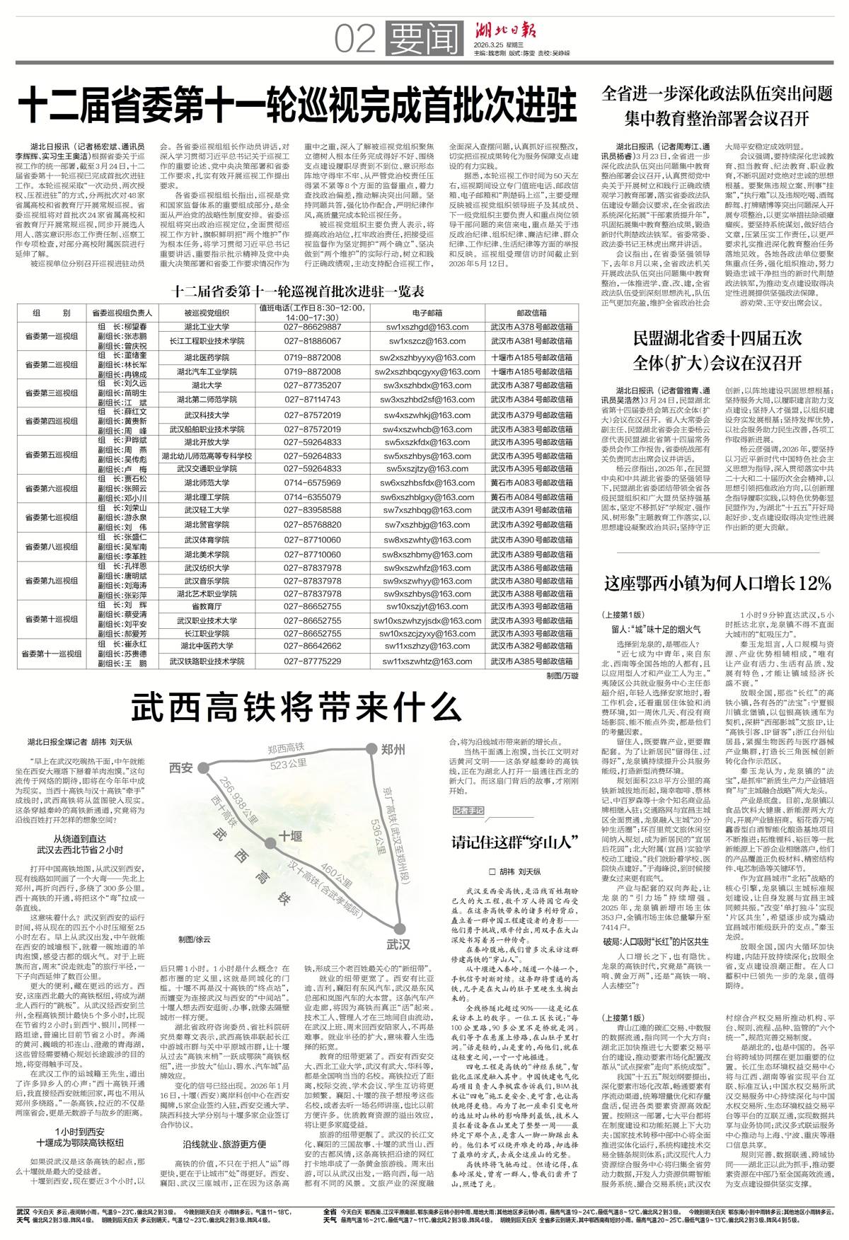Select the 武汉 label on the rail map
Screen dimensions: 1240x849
(398, 944)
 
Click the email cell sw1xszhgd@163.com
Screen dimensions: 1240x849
(427, 327)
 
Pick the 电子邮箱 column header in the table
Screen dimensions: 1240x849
(427, 311)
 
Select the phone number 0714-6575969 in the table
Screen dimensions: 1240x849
(312, 482)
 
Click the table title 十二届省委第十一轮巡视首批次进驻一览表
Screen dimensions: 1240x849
(299, 291)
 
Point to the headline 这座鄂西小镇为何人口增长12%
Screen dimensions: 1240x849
(717, 584)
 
